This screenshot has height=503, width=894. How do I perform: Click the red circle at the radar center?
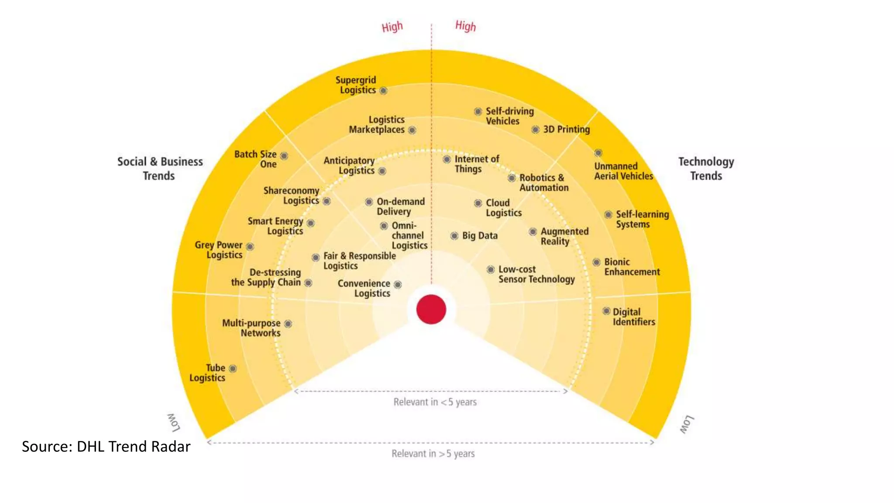point(431,309)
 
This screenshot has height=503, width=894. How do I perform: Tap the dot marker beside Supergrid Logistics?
point(383,91)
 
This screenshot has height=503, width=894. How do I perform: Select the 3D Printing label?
point(566,129)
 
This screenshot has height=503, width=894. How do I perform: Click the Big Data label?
point(480,236)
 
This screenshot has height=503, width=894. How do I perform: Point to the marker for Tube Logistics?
point(233,369)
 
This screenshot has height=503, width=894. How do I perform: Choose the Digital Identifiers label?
point(633,317)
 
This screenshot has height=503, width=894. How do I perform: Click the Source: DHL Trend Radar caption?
point(106,446)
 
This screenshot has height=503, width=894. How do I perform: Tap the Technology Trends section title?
point(706,169)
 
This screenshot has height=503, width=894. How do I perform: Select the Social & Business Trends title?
point(160,169)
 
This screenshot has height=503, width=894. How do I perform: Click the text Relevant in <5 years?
point(435,402)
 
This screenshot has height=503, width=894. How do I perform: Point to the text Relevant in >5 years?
point(433,454)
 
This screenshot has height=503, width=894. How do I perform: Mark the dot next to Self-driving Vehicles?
point(478,111)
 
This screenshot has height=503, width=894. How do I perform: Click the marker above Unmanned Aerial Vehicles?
point(598,153)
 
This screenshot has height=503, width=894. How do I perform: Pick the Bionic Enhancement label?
point(632,267)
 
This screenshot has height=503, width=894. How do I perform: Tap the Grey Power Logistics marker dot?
point(250,246)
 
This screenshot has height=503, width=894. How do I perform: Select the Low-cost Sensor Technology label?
point(536,274)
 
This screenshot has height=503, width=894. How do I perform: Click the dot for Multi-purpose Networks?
point(288,324)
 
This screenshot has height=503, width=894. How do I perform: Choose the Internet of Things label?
point(476,164)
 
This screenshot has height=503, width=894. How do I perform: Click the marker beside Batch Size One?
point(284,156)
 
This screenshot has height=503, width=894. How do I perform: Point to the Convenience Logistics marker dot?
point(398,285)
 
